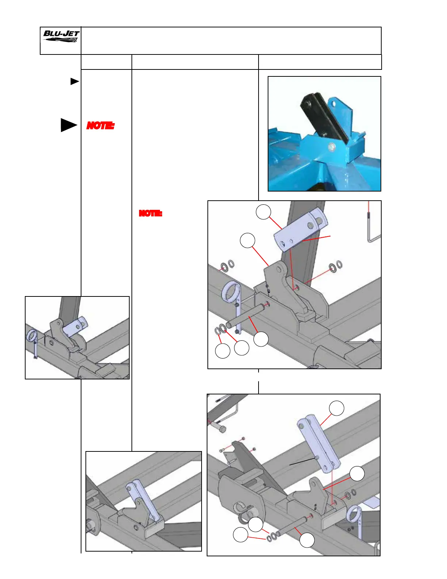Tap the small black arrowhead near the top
[x=74, y=82]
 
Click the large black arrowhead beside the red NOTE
[x=68, y=125]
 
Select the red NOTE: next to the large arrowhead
[x=100, y=126]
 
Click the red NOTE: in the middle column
[x=150, y=213]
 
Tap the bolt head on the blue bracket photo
[x=332, y=147]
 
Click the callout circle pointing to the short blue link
[x=263, y=212]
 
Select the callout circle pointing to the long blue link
[x=336, y=408]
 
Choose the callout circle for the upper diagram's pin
[x=261, y=339]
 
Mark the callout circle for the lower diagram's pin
[x=307, y=540]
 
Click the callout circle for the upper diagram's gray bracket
[x=247, y=241]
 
